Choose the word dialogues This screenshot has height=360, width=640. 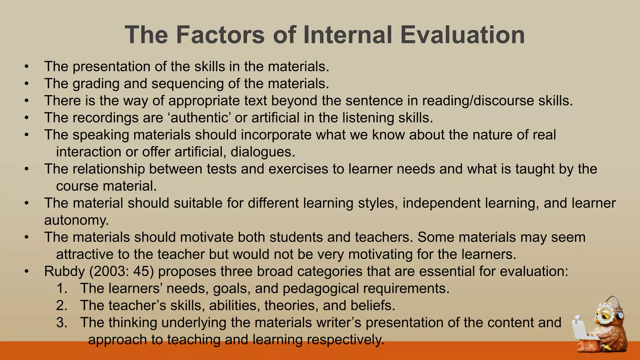(263, 152)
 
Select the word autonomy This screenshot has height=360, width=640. (77, 220)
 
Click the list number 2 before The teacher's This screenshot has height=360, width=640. (62, 305)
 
